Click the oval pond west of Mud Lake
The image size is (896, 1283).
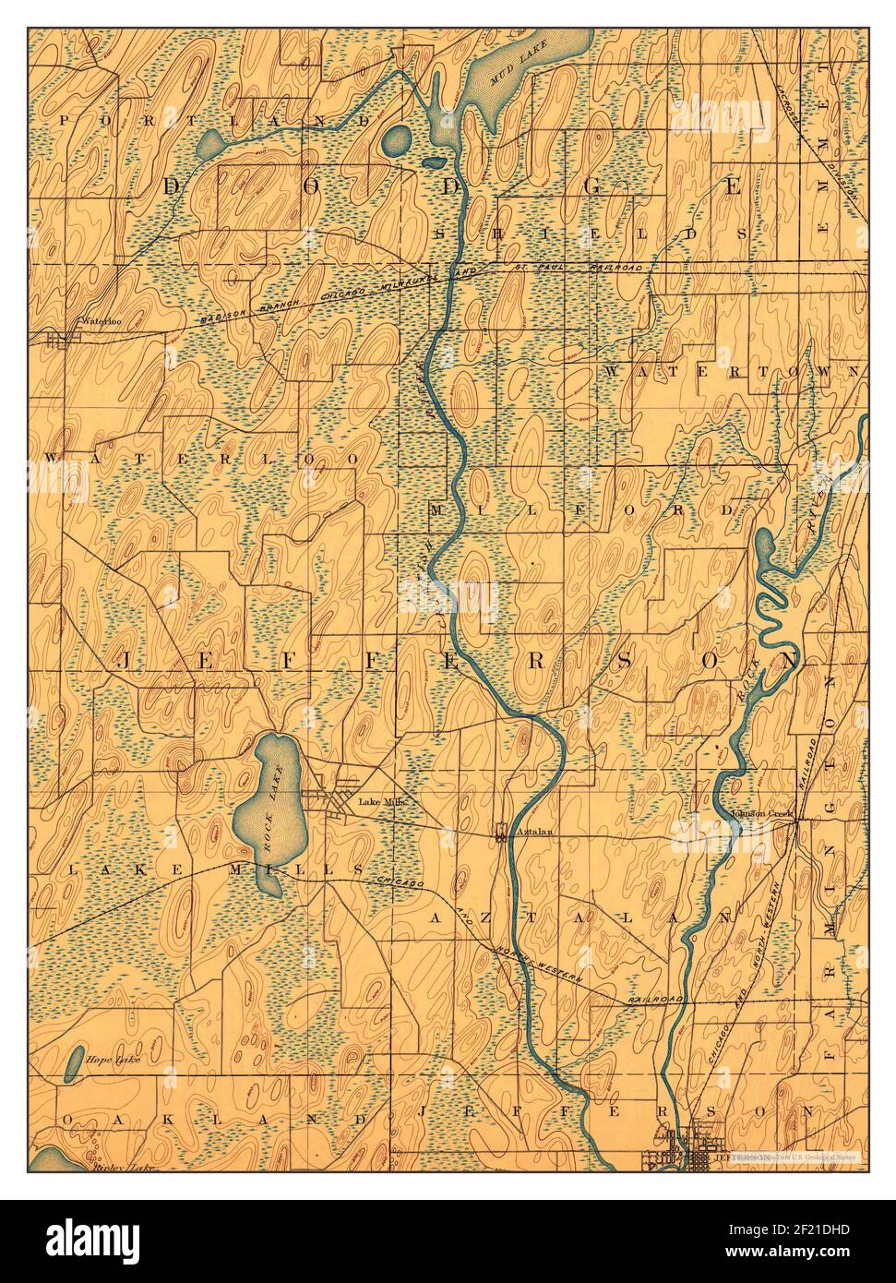pyautogui.click(x=397, y=140)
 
